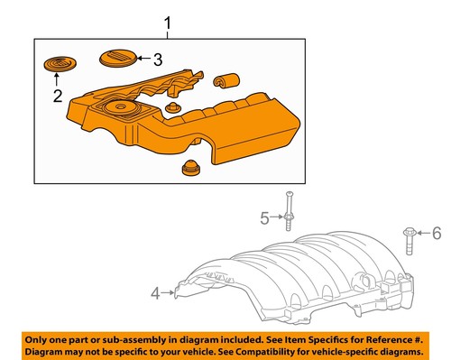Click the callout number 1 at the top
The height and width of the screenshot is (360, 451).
coord(165,21)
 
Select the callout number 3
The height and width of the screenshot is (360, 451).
coord(157,60)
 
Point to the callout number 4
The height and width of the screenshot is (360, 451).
coord(154,292)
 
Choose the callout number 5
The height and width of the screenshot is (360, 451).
coord(265,217)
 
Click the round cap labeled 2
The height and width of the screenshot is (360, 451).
coord(57,65)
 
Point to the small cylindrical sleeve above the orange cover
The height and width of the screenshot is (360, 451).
coord(220,82)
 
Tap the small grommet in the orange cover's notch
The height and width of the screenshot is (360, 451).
coord(175,108)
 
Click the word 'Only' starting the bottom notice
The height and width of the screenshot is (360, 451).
coord(37,337)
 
